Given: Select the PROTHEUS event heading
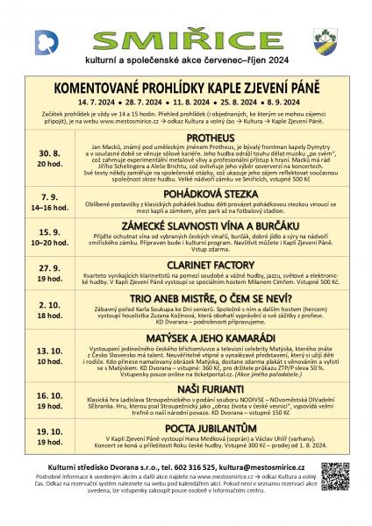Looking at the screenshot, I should click(209, 139).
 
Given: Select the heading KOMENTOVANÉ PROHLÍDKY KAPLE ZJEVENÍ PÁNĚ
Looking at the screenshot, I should click(186, 89).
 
